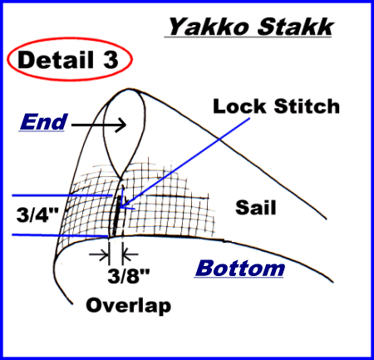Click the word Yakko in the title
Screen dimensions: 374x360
pyautogui.click(x=209, y=27)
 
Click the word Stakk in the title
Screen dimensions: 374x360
pyautogui.click(x=295, y=27)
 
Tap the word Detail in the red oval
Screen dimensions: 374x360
pyautogui.click(x=56, y=60)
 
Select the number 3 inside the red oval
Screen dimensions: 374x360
pyautogui.click(x=111, y=60)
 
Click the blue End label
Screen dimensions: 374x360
pyautogui.click(x=43, y=122)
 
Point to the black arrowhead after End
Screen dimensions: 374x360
pyautogui.click(x=121, y=125)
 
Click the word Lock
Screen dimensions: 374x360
pyautogui.click(x=239, y=106)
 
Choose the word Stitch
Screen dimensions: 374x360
pyautogui.click(x=307, y=106)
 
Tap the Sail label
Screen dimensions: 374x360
pyautogui.click(x=256, y=207)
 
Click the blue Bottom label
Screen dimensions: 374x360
pyautogui.click(x=240, y=268)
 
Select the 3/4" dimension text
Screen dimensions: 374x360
pyautogui.click(x=37, y=215)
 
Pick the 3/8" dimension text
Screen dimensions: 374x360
pyautogui.click(x=128, y=275)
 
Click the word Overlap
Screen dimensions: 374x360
pyautogui.click(x=129, y=306)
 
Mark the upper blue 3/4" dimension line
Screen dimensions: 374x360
pyautogui.click(x=62, y=195)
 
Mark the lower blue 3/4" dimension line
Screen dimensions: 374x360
pyautogui.click(x=60, y=235)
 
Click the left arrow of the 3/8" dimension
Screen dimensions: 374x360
pyautogui.click(x=99, y=254)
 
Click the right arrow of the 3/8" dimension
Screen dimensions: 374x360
pyautogui.click(x=130, y=254)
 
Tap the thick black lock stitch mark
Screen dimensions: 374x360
pyautogui.click(x=117, y=215)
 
